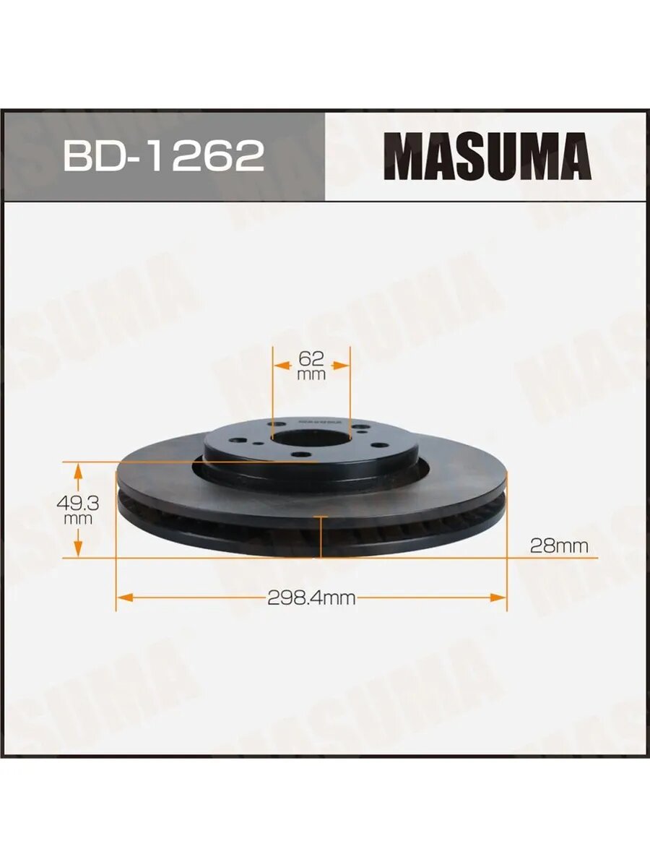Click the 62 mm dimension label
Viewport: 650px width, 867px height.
[311, 365]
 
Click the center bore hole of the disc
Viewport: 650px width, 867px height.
[311, 439]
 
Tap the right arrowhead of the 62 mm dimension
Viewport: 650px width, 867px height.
[342, 366]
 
